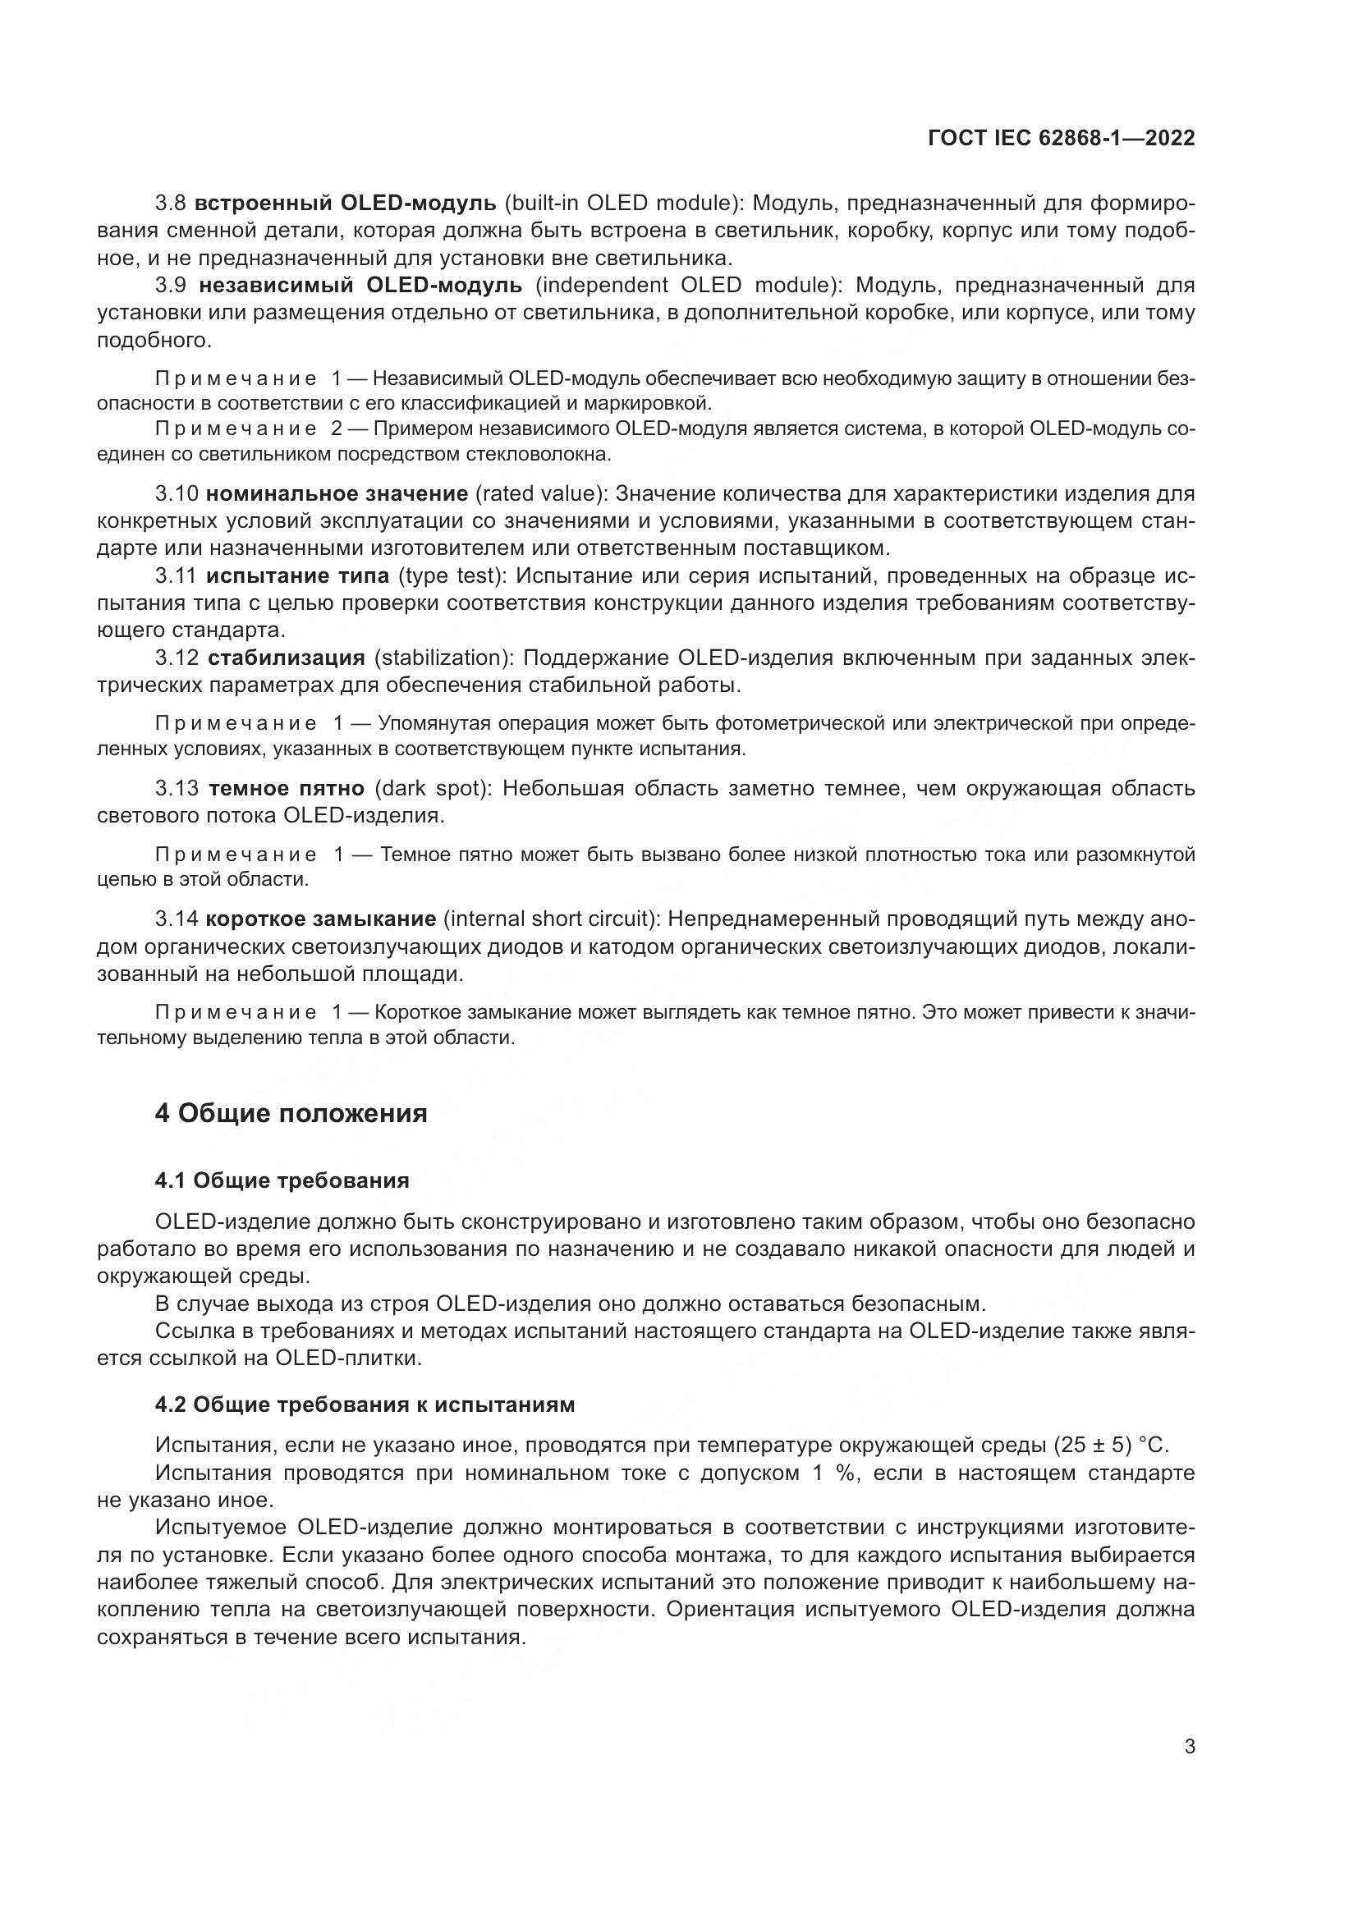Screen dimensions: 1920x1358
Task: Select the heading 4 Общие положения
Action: pyautogui.click(x=291, y=1113)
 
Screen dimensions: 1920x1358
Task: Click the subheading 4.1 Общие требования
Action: pyautogui.click(x=282, y=1180)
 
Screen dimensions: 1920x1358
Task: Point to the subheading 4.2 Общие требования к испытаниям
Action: pyautogui.click(x=365, y=1404)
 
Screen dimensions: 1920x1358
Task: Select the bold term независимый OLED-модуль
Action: pyautogui.click(x=360, y=285)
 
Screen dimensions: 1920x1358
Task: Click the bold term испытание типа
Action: pyautogui.click(x=298, y=576)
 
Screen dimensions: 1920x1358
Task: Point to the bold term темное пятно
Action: pyautogui.click(x=286, y=789)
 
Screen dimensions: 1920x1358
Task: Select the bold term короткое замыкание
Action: pyautogui.click(x=321, y=919)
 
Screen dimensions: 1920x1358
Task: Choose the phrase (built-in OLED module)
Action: pyautogui.click(x=624, y=203)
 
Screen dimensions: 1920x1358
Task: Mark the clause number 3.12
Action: pyautogui.click(x=177, y=658)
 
